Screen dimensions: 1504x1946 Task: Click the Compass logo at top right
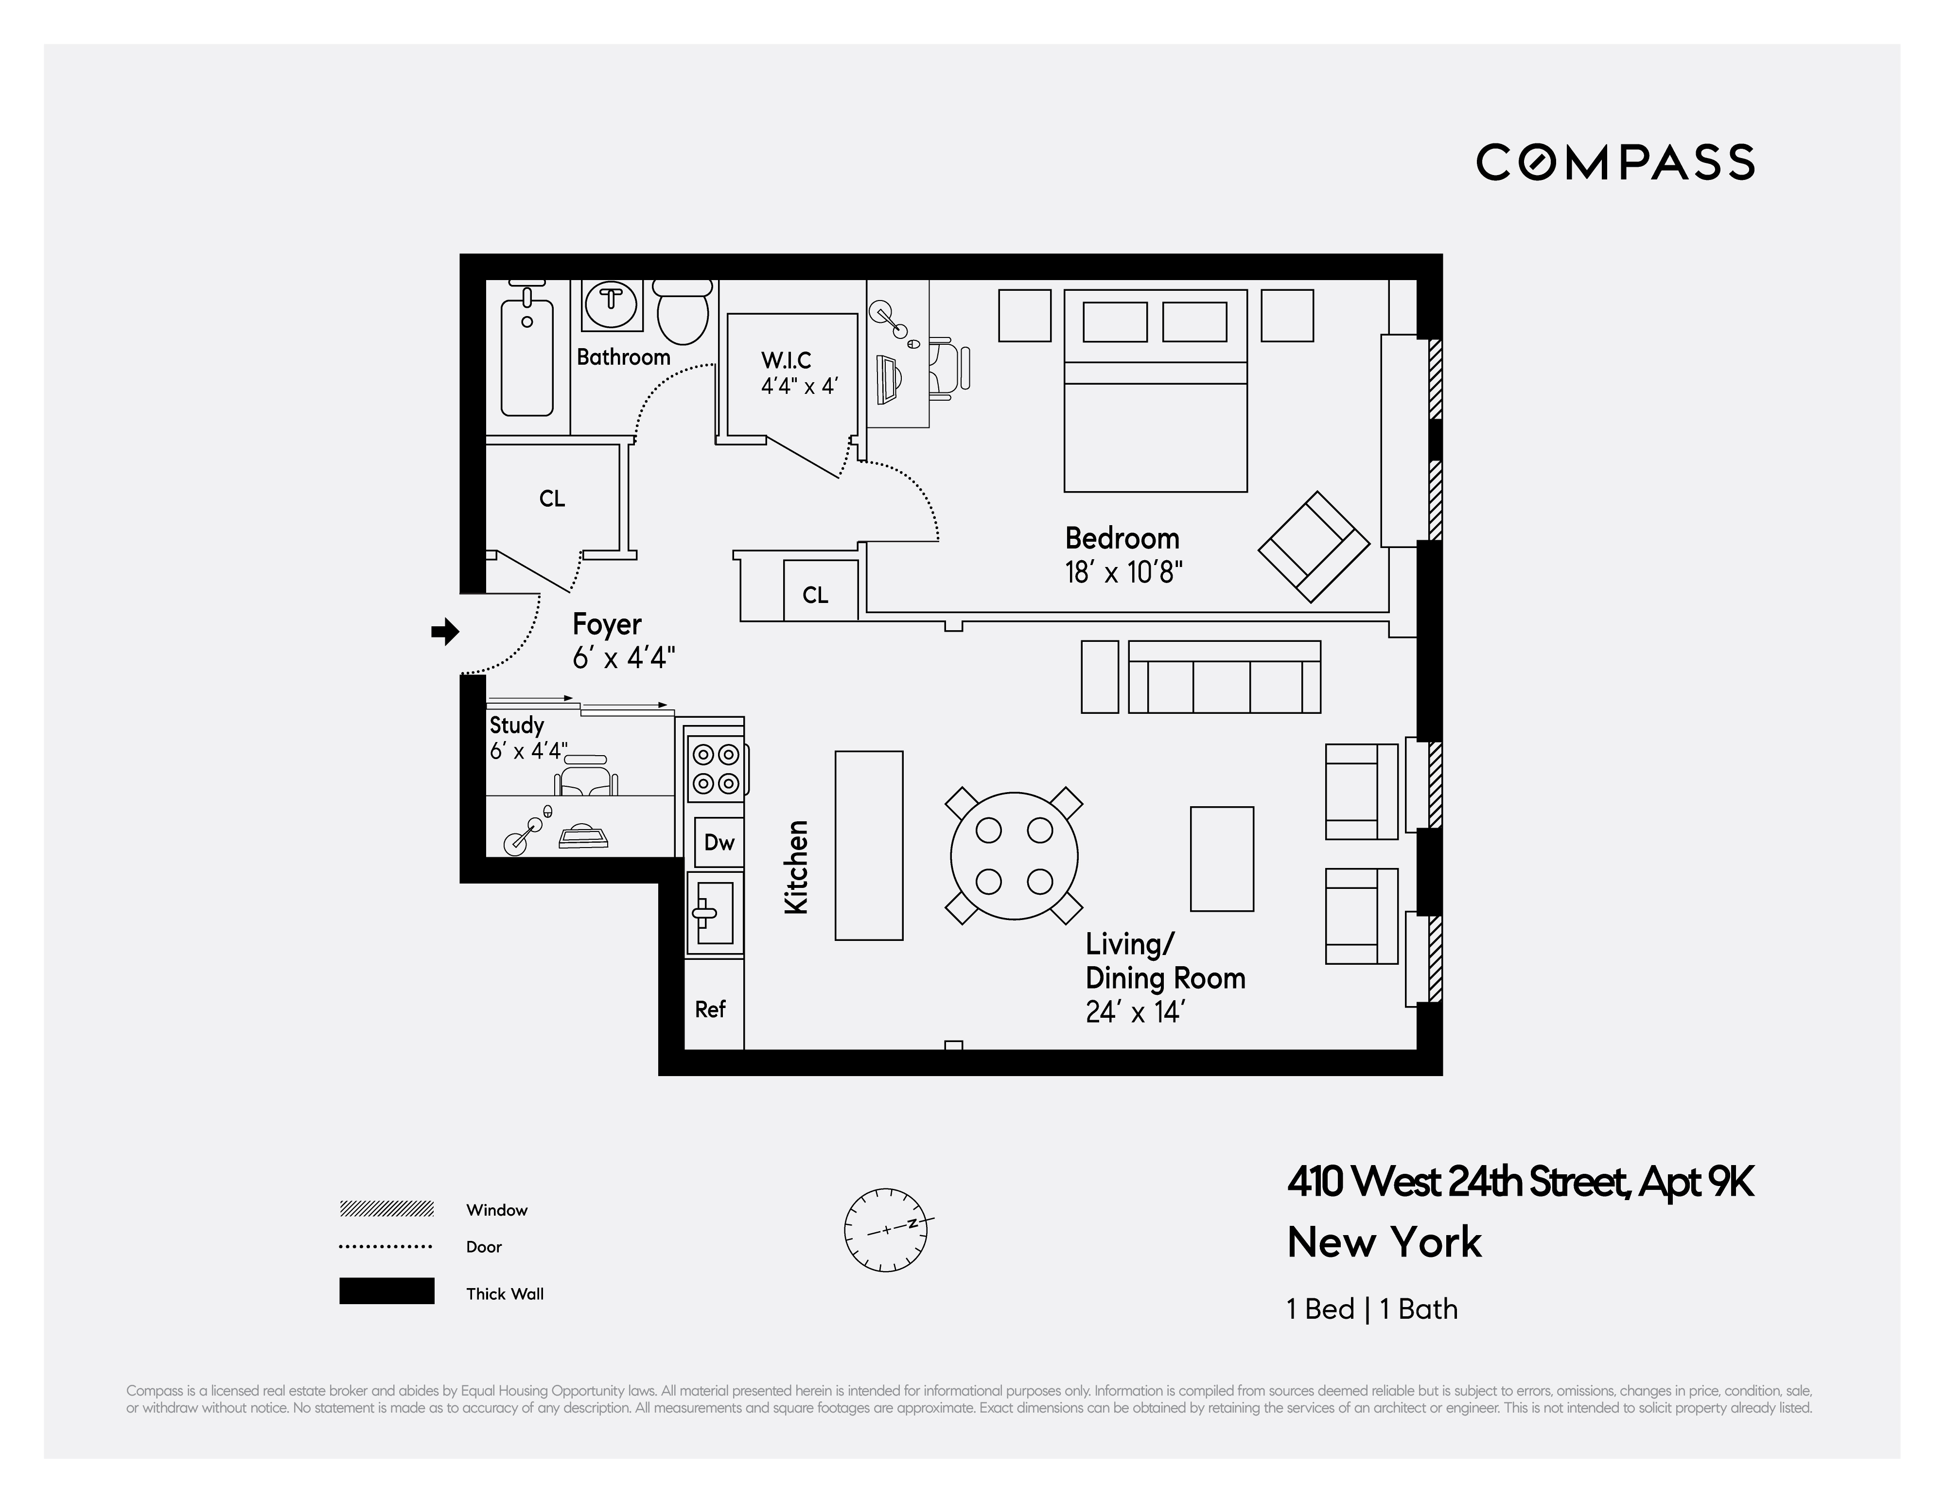(x=1614, y=162)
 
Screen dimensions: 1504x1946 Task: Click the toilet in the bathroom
(x=683, y=312)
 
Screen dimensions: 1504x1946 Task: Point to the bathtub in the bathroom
(x=526, y=356)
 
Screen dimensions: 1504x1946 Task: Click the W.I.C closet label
(x=786, y=360)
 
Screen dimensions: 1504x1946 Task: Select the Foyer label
(x=607, y=624)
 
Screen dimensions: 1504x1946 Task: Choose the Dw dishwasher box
(x=718, y=842)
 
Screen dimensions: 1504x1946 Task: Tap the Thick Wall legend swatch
(x=386, y=1291)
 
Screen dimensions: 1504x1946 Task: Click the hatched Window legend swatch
(x=386, y=1209)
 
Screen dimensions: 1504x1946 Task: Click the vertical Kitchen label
(x=796, y=867)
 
